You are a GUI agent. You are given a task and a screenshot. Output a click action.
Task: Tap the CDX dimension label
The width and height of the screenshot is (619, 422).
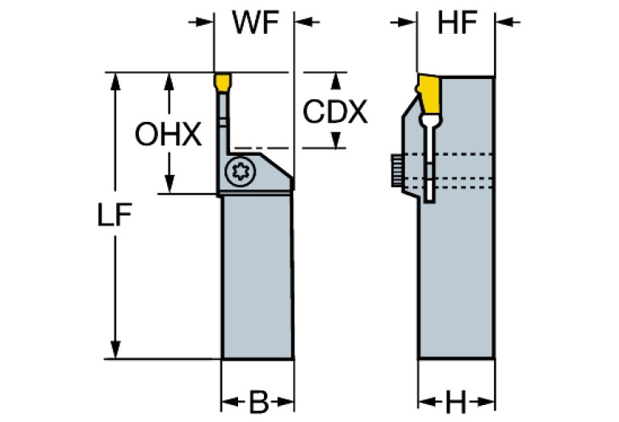pos(335,112)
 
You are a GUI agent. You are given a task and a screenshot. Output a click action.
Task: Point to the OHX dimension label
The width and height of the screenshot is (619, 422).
pos(168,135)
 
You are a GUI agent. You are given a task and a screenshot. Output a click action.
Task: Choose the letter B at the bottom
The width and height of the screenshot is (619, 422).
pos(257,401)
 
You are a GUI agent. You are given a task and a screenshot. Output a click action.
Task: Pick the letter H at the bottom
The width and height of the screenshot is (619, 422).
pos(457,401)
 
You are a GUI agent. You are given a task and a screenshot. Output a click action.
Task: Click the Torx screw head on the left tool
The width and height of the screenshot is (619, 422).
pos(237,171)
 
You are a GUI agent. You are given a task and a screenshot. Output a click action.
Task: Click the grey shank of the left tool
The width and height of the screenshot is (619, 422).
pos(257,274)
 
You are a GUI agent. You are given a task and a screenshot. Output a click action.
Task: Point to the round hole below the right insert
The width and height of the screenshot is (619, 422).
pos(431,123)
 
